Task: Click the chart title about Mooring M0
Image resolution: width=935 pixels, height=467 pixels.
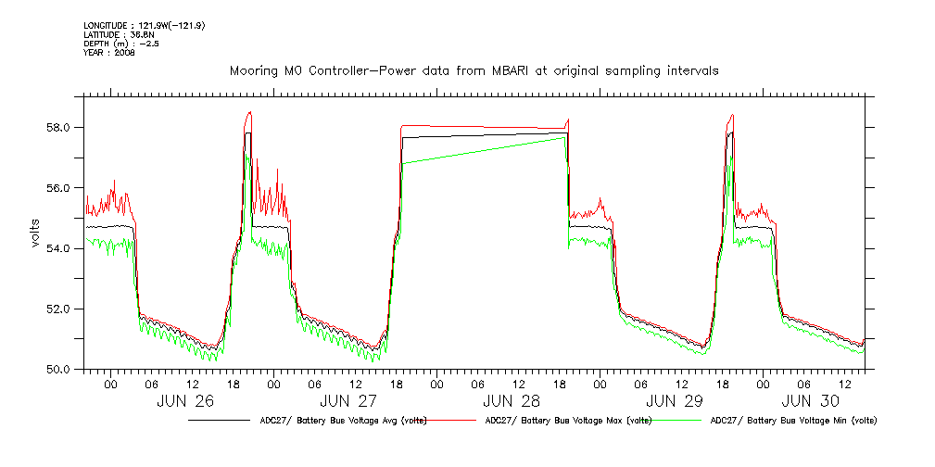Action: point(474,70)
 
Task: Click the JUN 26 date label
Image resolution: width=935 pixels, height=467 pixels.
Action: point(185,401)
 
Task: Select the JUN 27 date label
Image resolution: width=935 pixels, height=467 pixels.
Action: point(348,401)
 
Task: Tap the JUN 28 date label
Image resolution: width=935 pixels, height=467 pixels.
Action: point(512,401)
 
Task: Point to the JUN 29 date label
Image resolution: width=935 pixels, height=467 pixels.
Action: point(674,401)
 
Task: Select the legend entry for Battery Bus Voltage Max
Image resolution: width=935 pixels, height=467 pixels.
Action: point(567,421)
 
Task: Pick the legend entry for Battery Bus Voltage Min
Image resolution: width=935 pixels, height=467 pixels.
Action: point(793,421)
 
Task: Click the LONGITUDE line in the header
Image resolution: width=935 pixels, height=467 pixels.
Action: point(144,25)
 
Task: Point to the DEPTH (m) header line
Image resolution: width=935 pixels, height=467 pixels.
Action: point(120,44)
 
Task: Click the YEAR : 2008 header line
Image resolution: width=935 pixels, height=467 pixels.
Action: point(109,53)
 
